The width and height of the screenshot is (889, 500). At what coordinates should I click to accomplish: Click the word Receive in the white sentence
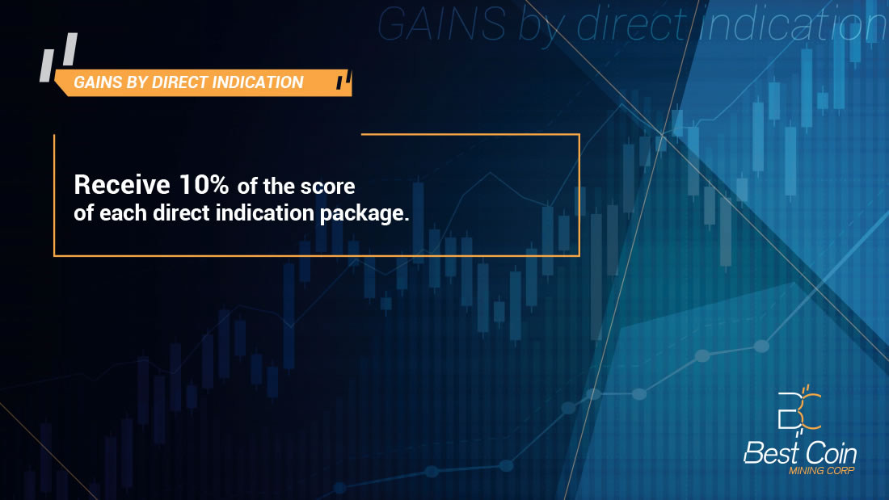(122, 185)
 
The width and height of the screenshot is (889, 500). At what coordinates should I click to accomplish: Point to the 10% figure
(204, 185)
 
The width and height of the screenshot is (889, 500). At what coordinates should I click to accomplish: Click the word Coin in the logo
(831, 453)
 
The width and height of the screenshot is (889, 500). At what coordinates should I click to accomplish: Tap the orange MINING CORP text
(822, 471)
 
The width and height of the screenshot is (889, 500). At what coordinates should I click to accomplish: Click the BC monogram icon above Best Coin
(799, 410)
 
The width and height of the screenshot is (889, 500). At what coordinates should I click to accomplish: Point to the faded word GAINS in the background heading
(441, 24)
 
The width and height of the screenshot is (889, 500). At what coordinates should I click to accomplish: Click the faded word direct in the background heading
(631, 24)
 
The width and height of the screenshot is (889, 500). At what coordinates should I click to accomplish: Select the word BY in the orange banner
(137, 82)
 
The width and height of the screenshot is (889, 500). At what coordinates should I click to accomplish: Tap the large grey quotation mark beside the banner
(58, 57)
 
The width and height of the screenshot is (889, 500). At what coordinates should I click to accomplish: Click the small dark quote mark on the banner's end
(343, 80)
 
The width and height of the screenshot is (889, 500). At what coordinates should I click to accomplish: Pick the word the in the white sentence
(278, 187)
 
